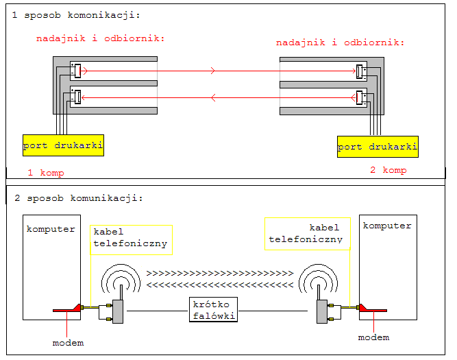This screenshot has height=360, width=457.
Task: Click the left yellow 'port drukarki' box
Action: pos(63,145)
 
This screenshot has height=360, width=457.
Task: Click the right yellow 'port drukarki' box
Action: pos(378,147)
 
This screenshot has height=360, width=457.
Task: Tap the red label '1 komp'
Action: pos(46,173)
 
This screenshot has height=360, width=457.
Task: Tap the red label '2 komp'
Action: pos(388,170)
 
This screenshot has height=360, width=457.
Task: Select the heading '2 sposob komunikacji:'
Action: pos(78,198)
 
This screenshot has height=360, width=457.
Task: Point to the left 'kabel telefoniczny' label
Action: pos(130,237)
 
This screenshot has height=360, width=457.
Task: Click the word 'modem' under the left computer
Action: pos(68,342)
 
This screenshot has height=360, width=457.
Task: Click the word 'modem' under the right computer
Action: pos(373,337)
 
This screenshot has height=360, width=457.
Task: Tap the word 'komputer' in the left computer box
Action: pos(51,228)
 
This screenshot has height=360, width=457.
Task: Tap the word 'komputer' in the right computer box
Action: pos(387,225)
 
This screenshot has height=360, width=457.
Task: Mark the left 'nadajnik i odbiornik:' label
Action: pos(101,38)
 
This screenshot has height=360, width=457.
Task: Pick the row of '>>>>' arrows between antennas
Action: pos(219,273)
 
